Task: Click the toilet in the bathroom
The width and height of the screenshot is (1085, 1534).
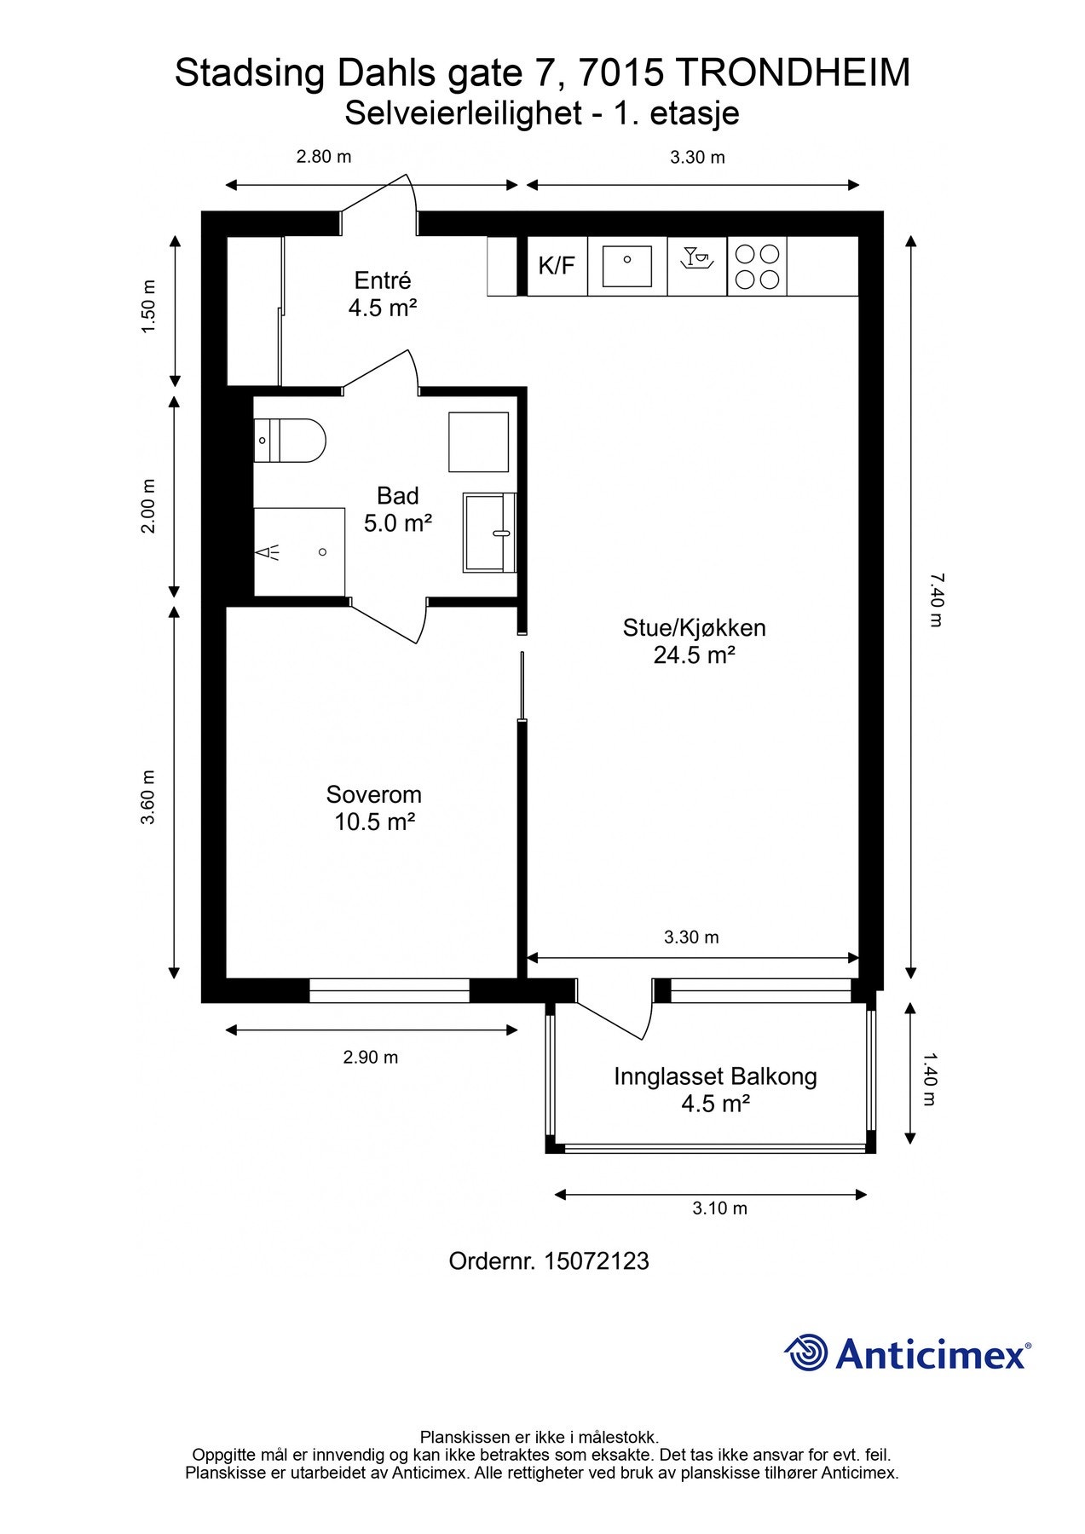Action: click(x=290, y=440)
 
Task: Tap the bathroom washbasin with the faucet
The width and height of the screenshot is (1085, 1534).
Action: click(x=490, y=533)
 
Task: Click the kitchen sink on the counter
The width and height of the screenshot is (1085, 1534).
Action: click(x=626, y=266)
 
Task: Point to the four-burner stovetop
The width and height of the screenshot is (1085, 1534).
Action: click(x=757, y=266)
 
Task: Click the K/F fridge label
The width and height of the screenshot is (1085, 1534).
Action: click(x=557, y=266)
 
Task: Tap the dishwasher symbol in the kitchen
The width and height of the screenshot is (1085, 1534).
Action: click(x=697, y=257)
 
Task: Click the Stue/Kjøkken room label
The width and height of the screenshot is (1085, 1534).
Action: click(x=695, y=641)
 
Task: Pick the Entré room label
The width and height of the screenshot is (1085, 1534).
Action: click(x=383, y=294)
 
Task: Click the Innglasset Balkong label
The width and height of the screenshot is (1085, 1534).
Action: click(x=715, y=1090)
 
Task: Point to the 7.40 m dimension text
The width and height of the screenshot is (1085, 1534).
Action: click(x=935, y=600)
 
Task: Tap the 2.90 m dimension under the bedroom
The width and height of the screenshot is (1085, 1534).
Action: click(x=371, y=1057)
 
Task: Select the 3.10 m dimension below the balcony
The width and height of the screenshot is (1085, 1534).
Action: click(x=720, y=1208)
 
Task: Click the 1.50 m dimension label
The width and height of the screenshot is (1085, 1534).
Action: click(x=148, y=307)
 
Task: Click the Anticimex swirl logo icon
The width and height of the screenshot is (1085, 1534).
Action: click(x=806, y=1352)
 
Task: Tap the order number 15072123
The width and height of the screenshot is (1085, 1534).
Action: click(x=597, y=1261)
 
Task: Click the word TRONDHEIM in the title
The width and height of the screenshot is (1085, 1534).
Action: click(x=794, y=73)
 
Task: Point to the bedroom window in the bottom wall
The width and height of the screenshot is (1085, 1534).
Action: click(x=390, y=990)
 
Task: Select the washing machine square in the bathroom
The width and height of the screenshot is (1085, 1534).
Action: click(x=479, y=441)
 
